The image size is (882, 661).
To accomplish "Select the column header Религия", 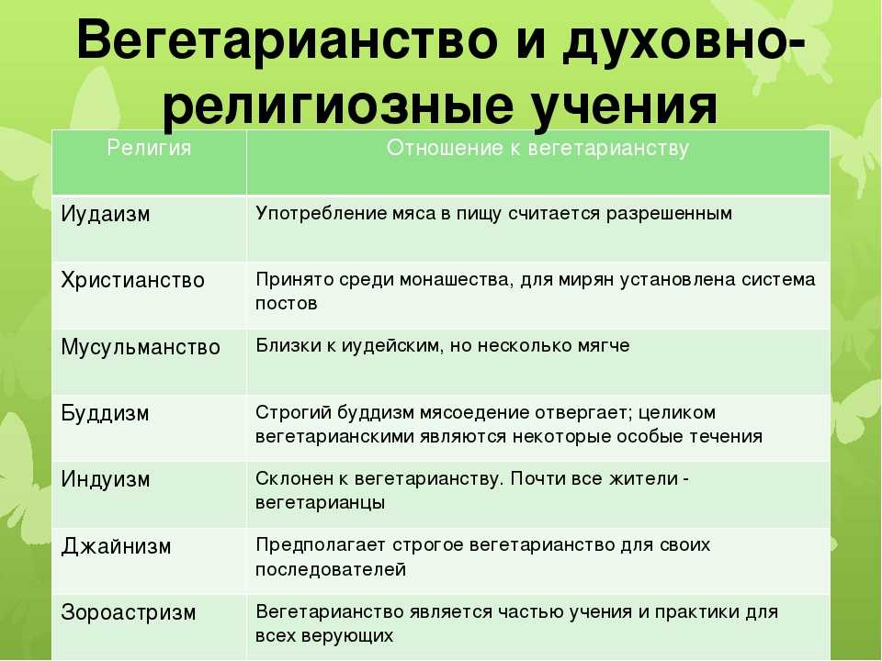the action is coord(149,149).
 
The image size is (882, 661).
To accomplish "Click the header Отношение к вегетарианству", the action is coord(537,149).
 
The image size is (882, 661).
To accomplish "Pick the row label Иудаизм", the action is coord(106,215).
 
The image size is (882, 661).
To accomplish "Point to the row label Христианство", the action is coord(132,280).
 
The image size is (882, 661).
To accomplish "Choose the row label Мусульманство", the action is coord(141,347).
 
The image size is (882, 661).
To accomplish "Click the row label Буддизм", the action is coord(105,413).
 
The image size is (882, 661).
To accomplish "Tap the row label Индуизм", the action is coord(106,479).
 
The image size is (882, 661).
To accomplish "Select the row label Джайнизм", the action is coord(116,545).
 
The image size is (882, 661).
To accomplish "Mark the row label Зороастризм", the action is coord(129,612).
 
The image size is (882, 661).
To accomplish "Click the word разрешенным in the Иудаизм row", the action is coord(670,214).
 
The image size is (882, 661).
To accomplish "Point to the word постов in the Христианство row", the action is coord(287,304).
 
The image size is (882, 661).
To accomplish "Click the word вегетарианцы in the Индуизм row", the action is coord(321,503).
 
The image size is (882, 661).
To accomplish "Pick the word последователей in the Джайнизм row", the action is coord(331,569).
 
